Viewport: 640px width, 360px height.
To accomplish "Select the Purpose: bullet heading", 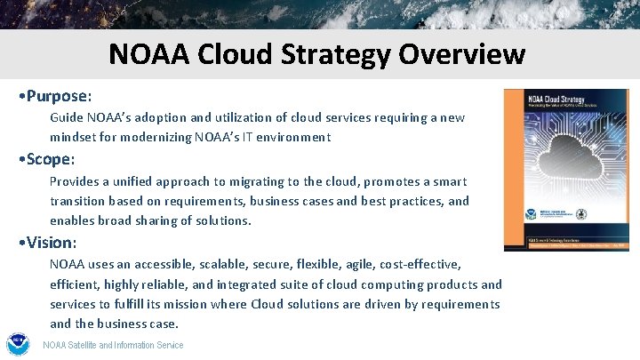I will pyautogui.click(x=60, y=94).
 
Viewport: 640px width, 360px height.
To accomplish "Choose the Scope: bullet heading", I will pyautogui.click(x=51, y=159).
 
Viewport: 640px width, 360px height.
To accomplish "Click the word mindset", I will pyautogui.click(x=75, y=138).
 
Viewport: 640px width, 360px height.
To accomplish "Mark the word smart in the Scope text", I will pyautogui.click(x=445, y=181).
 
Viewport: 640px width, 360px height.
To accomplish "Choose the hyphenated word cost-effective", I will pyautogui.click(x=420, y=265).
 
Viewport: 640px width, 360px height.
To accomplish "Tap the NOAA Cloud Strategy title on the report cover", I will pyautogui.click(x=550, y=99).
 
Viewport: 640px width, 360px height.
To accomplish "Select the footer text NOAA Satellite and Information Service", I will pyautogui.click(x=113, y=345).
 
